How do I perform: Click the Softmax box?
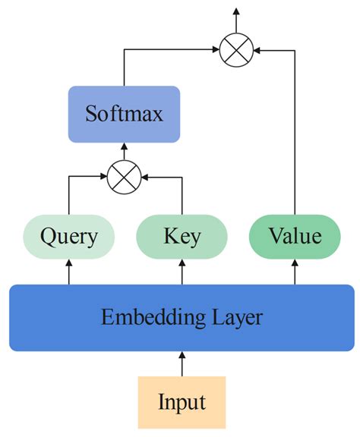tap(124, 115)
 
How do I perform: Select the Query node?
tap(69, 236)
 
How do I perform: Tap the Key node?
tap(182, 236)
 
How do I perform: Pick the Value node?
tap(295, 236)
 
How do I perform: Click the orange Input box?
tap(182, 401)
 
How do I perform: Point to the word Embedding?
tap(143, 317)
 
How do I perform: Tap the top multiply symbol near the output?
tap(235, 50)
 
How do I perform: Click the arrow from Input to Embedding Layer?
tap(182, 363)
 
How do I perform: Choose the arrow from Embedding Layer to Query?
tap(69, 272)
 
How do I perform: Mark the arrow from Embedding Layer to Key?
tap(182, 272)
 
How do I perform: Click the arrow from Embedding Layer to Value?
tap(295, 272)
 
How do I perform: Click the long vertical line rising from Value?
tap(295, 137)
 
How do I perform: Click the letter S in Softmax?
tap(91, 115)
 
